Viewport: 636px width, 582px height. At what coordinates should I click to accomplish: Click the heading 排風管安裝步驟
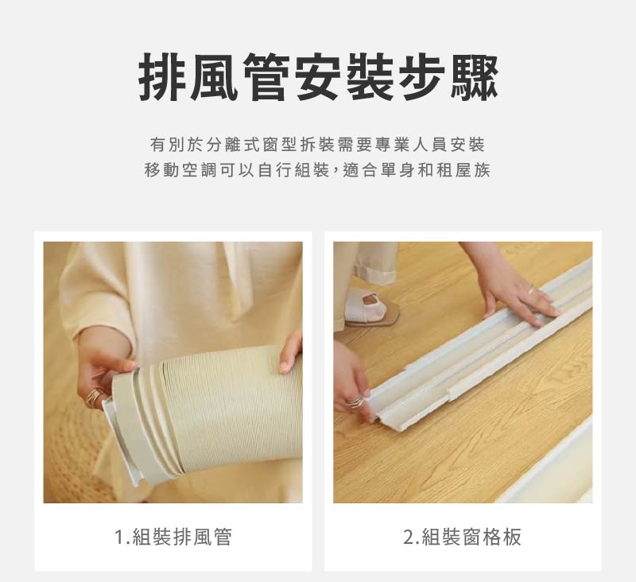click(x=318, y=78)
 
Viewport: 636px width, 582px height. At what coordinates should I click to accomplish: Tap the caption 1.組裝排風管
click(x=173, y=537)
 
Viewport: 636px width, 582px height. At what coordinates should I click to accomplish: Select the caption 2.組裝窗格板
click(x=462, y=537)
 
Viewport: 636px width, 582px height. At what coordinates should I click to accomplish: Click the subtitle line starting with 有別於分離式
click(x=317, y=145)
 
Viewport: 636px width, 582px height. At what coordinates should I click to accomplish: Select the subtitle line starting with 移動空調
click(x=317, y=171)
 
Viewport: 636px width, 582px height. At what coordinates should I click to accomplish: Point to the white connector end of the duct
click(x=131, y=433)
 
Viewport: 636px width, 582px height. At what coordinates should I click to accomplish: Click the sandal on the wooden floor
click(x=370, y=308)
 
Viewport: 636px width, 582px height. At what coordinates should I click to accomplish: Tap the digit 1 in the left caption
click(x=119, y=537)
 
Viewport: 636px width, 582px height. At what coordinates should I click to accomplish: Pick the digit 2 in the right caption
click(x=408, y=537)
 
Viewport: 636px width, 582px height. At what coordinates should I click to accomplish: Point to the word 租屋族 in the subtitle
click(x=464, y=171)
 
